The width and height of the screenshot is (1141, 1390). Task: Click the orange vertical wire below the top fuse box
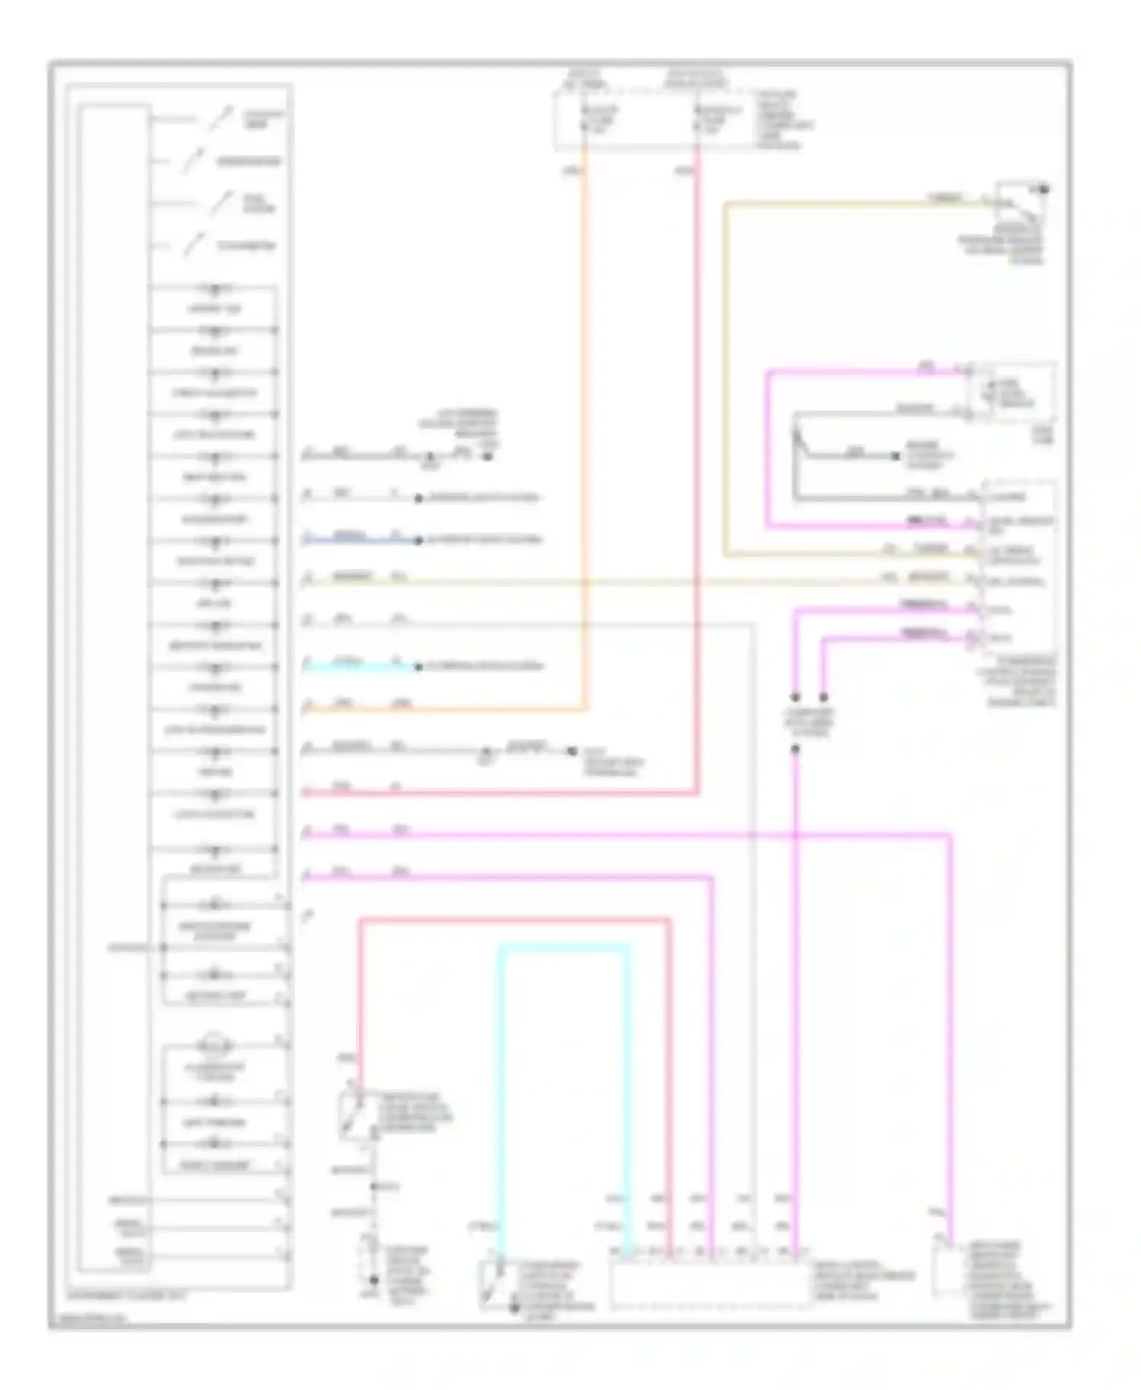[585, 426]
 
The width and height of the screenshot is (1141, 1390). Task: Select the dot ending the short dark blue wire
[418, 541]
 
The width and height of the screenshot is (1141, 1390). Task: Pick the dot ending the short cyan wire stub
[418, 667]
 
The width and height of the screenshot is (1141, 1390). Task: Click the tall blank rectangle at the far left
[113, 684]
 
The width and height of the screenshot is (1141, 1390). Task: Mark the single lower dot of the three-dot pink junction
[795, 749]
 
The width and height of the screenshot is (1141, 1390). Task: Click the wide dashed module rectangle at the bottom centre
[711, 1285]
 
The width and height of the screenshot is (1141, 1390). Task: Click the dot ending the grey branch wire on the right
[896, 457]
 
